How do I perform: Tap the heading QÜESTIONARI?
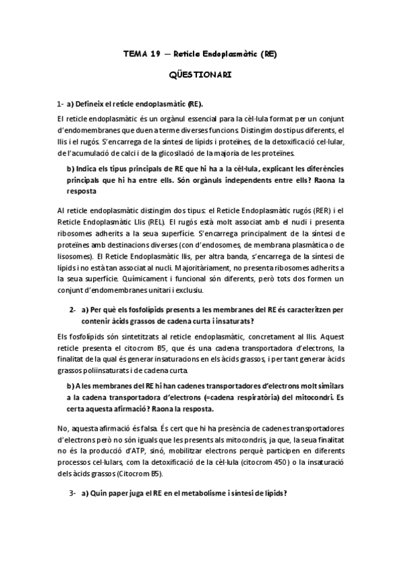pyautogui.click(x=200, y=76)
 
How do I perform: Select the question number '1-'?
pyautogui.click(x=60, y=104)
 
